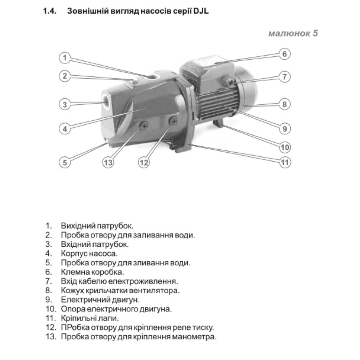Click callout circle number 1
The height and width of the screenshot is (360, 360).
point(65,58)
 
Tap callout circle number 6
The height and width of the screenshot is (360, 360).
point(284,54)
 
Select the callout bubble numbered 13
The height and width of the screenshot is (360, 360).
point(108,162)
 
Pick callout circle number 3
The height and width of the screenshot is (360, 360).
point(65,105)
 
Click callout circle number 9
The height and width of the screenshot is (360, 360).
point(284,129)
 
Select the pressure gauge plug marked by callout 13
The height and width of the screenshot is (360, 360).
point(144,126)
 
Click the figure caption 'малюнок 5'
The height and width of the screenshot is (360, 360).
point(293,33)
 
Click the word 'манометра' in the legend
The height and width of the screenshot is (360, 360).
point(196,337)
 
